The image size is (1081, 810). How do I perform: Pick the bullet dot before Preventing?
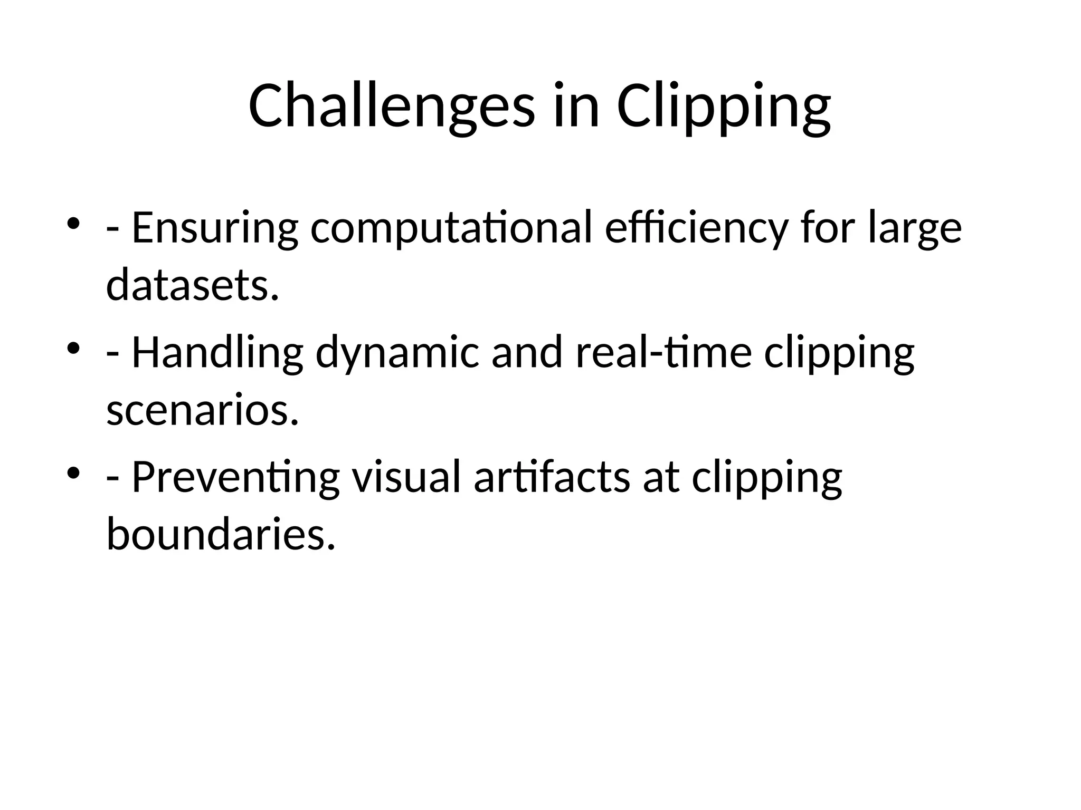(x=73, y=471)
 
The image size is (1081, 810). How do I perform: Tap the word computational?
(x=451, y=228)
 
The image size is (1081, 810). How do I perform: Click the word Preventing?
(x=235, y=478)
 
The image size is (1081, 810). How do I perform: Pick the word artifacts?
(x=552, y=478)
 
